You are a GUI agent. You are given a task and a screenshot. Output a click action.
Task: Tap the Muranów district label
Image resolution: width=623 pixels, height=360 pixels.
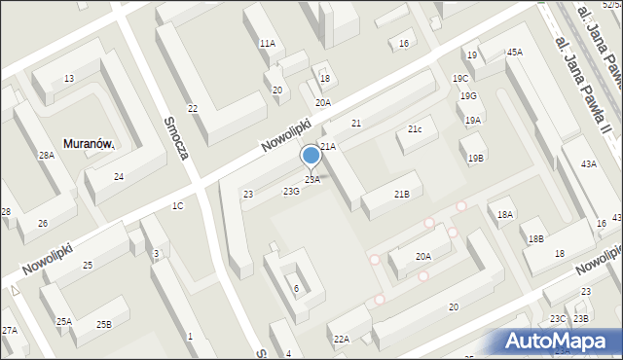coord(89,144)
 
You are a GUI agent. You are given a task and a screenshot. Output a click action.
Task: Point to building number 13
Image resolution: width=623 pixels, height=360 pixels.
coord(68,79)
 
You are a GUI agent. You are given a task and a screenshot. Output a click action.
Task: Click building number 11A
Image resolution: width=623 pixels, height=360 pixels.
coord(267,44)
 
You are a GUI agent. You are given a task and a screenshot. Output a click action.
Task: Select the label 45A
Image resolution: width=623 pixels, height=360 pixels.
coord(514,52)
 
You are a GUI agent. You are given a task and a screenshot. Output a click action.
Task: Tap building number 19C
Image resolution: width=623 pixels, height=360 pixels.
coord(460,78)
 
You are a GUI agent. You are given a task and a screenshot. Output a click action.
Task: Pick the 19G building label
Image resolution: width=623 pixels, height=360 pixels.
coord(468,95)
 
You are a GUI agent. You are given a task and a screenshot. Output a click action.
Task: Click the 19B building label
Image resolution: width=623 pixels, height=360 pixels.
coord(475,158)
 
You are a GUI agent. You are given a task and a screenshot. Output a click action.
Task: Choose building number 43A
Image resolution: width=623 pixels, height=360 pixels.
coord(589,164)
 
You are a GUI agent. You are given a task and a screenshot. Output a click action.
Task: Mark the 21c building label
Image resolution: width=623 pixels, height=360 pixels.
coord(415,129)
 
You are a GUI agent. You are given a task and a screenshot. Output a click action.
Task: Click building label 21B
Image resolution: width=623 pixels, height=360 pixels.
coord(401,195)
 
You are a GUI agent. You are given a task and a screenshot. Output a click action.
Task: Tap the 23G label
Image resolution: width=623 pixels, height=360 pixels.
coord(291,192)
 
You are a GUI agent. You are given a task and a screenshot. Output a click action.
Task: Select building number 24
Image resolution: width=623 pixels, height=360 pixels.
coord(119,176)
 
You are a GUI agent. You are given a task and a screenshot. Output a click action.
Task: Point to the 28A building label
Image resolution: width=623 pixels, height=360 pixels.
coord(46,156)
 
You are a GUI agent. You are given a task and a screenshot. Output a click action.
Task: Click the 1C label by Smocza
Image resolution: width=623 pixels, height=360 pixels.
coord(177,206)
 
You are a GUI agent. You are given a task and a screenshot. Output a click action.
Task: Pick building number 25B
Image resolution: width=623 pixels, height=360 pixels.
coord(103,324)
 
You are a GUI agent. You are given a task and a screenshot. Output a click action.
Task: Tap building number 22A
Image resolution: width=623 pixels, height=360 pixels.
coord(341,339)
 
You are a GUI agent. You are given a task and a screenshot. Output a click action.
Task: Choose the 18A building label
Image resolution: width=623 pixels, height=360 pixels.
coord(504,214)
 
